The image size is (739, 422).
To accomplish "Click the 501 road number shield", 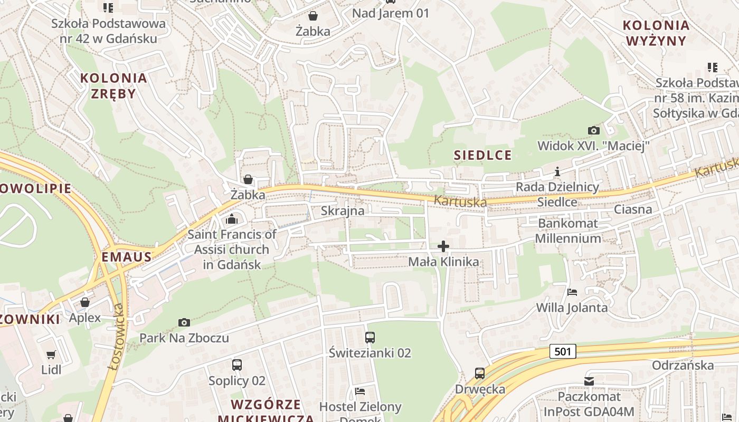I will point(563,351).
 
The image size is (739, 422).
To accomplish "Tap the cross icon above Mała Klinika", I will point(443,246).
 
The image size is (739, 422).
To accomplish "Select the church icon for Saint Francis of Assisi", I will point(232,219).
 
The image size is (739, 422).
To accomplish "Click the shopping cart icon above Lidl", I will point(51,354).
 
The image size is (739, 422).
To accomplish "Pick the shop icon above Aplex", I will point(85,302).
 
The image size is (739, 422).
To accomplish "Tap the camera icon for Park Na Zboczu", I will point(184,322).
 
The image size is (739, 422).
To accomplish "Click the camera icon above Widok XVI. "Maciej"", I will point(593,130).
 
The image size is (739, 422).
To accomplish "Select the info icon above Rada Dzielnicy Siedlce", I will point(557,171).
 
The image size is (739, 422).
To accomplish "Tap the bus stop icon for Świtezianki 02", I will point(369,337).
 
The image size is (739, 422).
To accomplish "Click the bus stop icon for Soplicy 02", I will point(237,365).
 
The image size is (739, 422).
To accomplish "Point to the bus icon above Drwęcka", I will point(480,373).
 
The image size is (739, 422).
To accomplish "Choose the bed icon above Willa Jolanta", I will point(572,292).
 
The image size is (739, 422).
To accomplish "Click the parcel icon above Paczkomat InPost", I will point(589,381).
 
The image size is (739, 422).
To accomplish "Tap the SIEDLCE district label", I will point(482,155).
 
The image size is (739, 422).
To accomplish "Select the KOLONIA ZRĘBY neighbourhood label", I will point(113,86).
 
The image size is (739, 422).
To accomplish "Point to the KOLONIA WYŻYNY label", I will point(656,33).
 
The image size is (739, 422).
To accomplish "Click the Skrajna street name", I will point(343,211).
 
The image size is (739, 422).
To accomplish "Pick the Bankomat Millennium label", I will point(568,231).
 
